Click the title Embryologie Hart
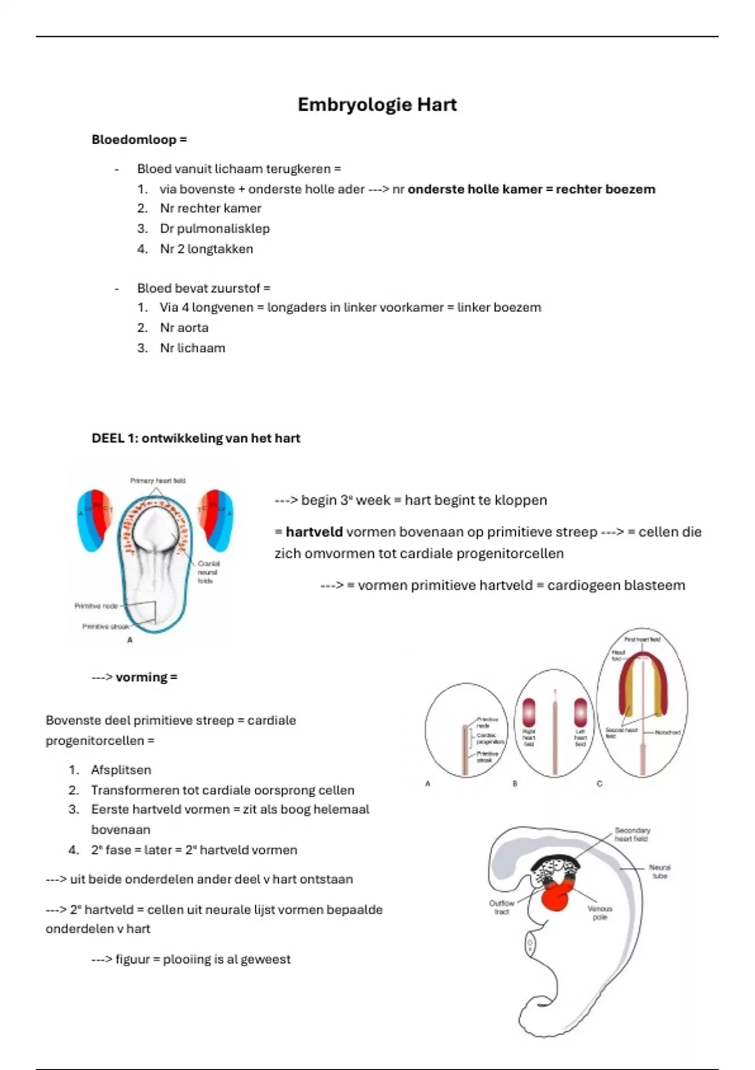(377, 104)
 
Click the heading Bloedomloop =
(139, 140)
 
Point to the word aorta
(193, 327)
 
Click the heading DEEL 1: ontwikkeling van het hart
(196, 438)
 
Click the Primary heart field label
(157, 480)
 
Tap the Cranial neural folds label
(208, 572)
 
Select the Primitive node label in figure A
(96, 605)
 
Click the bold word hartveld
(314, 532)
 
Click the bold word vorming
(142, 677)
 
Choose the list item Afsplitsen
(121, 770)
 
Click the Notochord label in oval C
(668, 732)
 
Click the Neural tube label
(659, 871)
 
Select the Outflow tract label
(501, 907)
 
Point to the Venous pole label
(600, 913)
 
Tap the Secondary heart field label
(632, 835)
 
